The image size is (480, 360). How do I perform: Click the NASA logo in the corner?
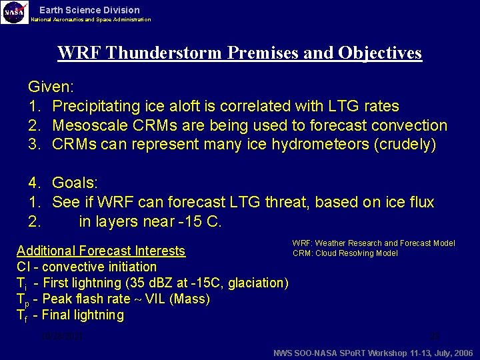15,12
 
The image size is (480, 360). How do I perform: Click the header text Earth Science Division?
89,10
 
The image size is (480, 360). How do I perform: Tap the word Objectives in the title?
380,53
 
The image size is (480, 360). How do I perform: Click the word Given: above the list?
51,87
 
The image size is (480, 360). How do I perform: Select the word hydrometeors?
315,145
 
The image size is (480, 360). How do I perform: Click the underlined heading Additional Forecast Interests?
101,251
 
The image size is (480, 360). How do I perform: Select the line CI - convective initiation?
87,267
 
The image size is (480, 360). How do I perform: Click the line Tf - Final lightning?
70,315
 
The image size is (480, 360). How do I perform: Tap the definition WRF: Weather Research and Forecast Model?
373,243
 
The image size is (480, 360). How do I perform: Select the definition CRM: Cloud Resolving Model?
345,253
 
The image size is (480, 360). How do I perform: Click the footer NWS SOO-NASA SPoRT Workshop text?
373,353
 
